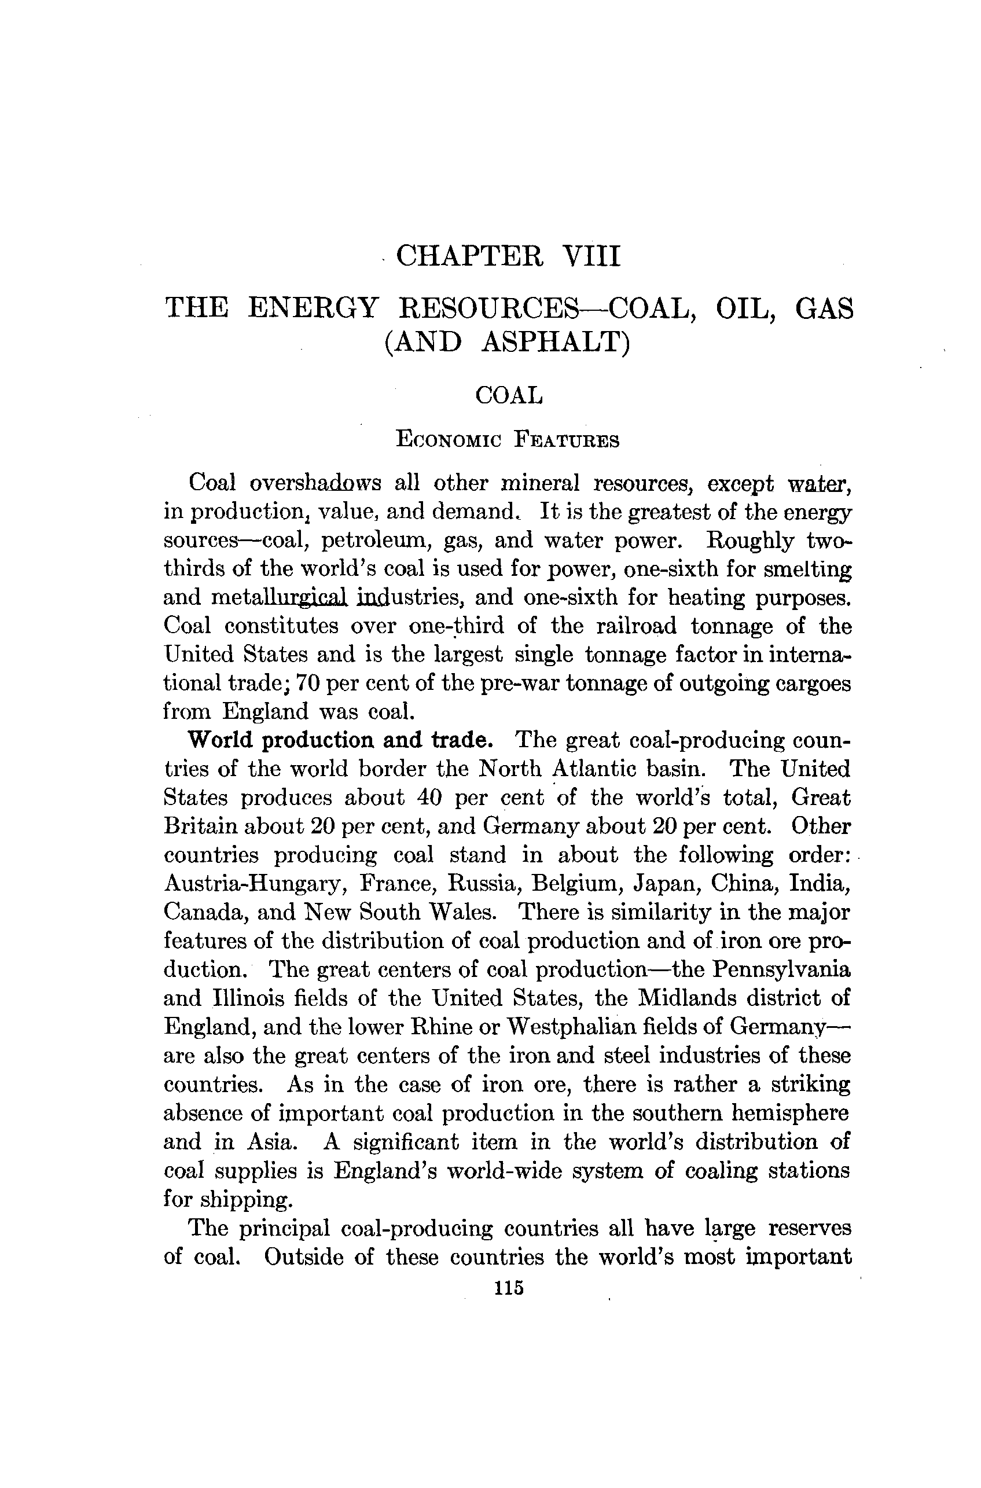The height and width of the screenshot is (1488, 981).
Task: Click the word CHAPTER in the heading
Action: (x=470, y=256)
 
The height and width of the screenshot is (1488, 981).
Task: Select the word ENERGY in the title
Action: (x=313, y=308)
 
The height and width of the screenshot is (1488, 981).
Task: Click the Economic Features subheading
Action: (x=508, y=440)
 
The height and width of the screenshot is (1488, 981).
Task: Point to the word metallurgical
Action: (x=279, y=597)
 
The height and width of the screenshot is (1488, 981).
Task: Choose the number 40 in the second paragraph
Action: (x=421, y=798)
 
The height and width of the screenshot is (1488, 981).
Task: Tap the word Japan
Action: (x=664, y=883)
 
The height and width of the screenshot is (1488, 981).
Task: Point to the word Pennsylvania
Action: (x=782, y=969)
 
